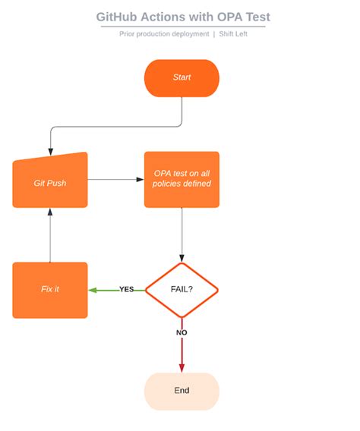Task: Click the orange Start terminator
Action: (x=182, y=78)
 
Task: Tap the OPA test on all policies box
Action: (x=182, y=180)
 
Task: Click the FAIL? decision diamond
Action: (x=182, y=290)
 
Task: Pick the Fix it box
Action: (x=50, y=290)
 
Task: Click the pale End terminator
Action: (x=182, y=391)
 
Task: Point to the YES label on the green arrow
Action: (x=127, y=289)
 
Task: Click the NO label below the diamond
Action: (x=182, y=332)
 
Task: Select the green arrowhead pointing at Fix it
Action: (x=93, y=290)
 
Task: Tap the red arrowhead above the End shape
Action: (x=182, y=368)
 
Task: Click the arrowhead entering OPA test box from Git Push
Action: (x=140, y=180)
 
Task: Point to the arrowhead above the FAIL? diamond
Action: (x=182, y=258)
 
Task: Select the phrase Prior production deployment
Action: (x=164, y=33)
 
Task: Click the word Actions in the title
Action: (x=163, y=17)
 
